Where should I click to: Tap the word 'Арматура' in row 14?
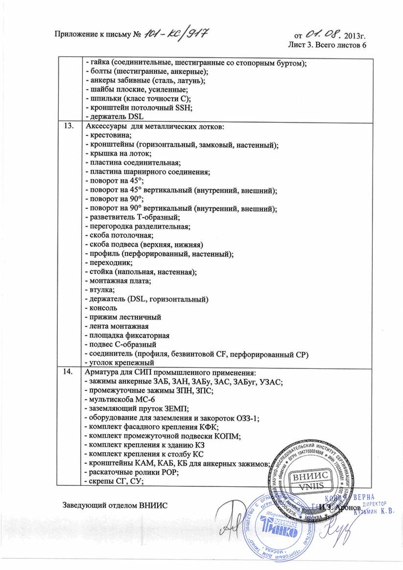pyautogui.click(x=102, y=372)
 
